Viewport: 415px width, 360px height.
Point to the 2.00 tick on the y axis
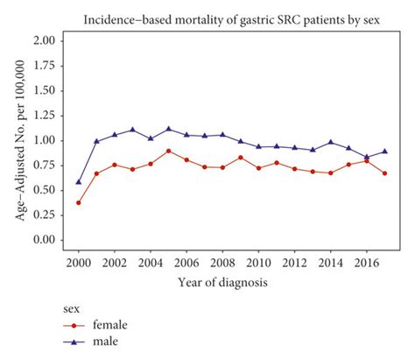pos(45,41)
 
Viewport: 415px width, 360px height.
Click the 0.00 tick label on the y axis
pos(45,240)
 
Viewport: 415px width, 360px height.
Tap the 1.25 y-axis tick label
pos(45,116)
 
